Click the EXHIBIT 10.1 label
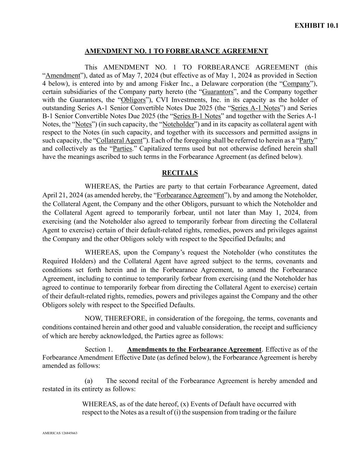coord(316,26)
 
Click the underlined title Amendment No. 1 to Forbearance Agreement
coord(176,51)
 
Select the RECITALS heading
coord(180,173)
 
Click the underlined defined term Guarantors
coord(218,92)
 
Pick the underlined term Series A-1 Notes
coord(256,108)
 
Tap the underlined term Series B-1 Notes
coord(197,116)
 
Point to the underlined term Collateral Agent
coord(119,140)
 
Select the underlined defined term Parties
coord(122,149)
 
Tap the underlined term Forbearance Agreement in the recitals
coord(190,195)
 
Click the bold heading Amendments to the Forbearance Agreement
coord(194,349)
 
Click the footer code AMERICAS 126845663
coord(60,433)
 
